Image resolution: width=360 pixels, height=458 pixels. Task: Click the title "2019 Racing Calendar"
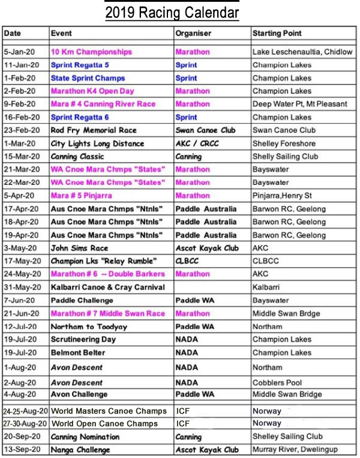click(x=172, y=13)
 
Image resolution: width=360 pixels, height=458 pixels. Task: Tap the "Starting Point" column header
click(x=277, y=33)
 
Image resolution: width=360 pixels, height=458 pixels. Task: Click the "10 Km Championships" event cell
click(x=91, y=52)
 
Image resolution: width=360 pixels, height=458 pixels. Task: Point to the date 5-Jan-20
click(x=21, y=52)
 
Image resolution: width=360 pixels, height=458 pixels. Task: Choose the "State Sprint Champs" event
click(x=88, y=78)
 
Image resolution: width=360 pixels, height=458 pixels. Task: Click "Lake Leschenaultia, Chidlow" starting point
click(x=302, y=52)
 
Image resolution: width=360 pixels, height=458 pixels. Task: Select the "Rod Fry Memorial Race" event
click(x=94, y=130)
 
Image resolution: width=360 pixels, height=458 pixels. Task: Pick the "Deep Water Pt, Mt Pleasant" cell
click(x=300, y=104)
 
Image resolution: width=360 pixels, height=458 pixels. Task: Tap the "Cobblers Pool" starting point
click(x=277, y=382)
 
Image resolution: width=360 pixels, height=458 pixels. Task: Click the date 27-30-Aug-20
click(x=26, y=423)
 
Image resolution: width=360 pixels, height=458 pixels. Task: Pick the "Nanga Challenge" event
click(x=80, y=450)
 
